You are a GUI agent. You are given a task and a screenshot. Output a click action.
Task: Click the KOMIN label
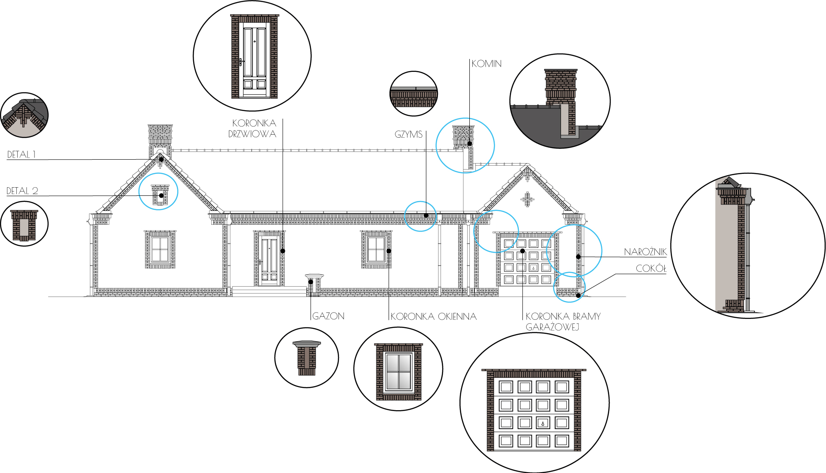click(487, 64)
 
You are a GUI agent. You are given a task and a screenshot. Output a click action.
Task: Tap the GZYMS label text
click(408, 134)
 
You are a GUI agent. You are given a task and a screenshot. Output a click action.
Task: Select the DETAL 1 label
click(22, 155)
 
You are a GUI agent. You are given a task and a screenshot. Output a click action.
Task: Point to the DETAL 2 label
click(22, 191)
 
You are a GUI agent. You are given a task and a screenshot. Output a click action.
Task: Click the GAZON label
click(328, 316)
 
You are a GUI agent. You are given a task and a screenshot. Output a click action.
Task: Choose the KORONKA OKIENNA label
click(434, 317)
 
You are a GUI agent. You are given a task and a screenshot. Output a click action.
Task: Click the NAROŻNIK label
click(645, 252)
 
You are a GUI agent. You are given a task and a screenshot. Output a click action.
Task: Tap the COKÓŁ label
click(651, 269)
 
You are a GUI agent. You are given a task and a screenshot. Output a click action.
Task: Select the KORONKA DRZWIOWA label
click(253, 128)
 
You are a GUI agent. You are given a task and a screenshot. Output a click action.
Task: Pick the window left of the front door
click(160, 249)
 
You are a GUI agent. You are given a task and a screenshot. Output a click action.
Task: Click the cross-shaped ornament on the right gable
click(527, 199)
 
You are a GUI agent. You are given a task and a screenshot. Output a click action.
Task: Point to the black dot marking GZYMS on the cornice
click(426, 216)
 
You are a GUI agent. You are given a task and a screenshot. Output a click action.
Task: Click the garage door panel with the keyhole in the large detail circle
click(542, 423)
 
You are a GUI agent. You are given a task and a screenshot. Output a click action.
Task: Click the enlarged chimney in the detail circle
click(561, 101)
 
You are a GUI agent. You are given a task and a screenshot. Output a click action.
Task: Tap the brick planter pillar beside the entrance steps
click(314, 284)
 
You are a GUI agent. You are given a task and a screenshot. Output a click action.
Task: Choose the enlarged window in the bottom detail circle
click(398, 371)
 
